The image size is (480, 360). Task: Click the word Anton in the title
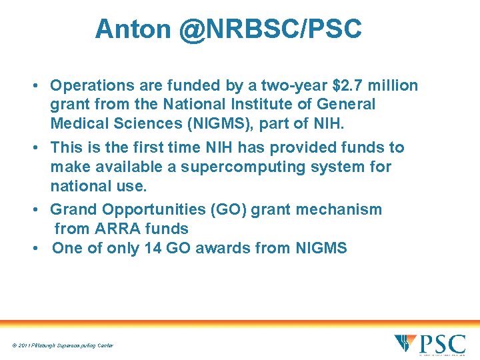coord(133,29)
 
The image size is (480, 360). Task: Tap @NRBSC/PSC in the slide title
coord(271,29)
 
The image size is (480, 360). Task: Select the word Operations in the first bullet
coord(91,86)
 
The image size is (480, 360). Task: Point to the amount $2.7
coord(345,86)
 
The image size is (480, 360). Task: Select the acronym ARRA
coord(115,229)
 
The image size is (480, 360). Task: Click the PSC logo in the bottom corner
coord(429,344)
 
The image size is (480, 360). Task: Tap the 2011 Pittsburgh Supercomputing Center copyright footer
coord(62,345)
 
